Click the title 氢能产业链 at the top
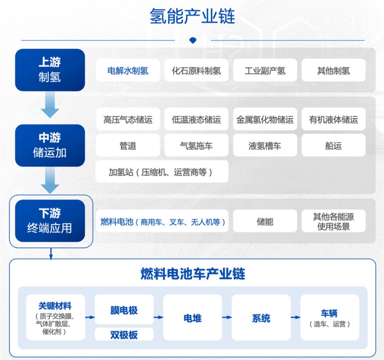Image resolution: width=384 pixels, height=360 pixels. pos(192,16)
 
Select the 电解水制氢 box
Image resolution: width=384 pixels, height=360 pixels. pos(128,70)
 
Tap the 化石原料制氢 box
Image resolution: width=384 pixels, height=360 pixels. pos(196,70)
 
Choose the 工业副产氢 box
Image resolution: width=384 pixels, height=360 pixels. pos(265,70)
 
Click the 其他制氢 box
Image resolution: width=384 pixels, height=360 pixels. pos(334,70)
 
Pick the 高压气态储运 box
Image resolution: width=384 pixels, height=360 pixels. pos(128,119)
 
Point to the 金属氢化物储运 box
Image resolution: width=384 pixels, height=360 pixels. pos(265,119)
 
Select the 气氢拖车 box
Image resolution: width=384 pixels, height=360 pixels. pos(196,145)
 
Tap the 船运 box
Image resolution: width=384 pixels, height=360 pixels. pos(334,145)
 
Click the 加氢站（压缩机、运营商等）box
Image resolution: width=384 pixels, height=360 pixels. pos(162,171)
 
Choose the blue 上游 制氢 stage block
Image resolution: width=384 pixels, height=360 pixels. pos(50,70)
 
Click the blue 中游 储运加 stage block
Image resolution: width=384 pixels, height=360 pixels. pos(50,145)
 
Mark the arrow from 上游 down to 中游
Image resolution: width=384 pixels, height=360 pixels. pos(50,105)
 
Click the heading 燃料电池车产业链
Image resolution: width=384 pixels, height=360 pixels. pos(193,273)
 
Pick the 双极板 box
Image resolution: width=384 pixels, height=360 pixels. pos(124,334)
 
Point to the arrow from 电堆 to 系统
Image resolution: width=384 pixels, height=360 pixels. pos(227,317)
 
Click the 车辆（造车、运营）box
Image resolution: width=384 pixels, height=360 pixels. pos(329,317)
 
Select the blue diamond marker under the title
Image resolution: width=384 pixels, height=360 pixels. pos(193,40)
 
